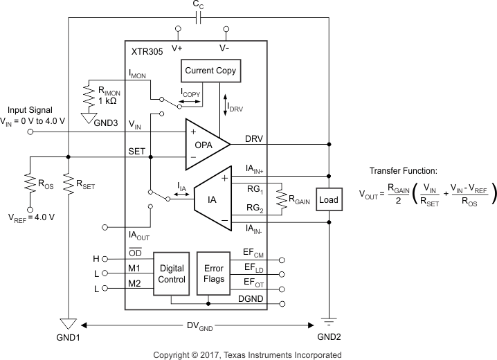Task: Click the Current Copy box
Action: [211, 71]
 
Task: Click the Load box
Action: [329, 200]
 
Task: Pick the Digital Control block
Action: [171, 274]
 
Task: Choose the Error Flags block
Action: [213, 274]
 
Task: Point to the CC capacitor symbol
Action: [198, 17]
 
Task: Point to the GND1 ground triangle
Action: [68, 324]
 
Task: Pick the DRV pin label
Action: [255, 138]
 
